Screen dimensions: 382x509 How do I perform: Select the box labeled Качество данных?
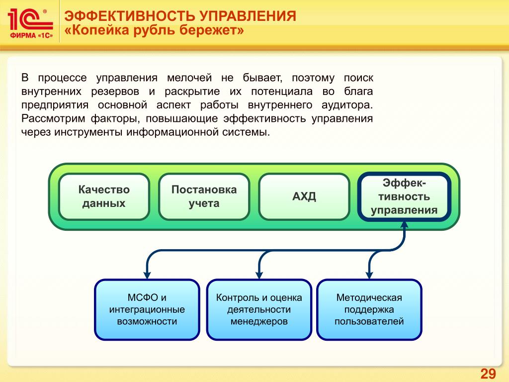pyautogui.click(x=104, y=196)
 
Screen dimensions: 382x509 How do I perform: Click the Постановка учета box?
pyautogui.click(x=204, y=196)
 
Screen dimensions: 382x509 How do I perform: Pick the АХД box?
pyautogui.click(x=304, y=196)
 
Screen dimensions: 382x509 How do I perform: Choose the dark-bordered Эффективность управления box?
pyautogui.click(x=404, y=196)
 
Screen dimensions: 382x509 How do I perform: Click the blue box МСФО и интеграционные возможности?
pyautogui.click(x=147, y=309)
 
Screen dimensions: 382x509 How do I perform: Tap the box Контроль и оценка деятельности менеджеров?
pyautogui.click(x=258, y=309)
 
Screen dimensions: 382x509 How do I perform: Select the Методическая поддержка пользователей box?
pyautogui.click(x=369, y=309)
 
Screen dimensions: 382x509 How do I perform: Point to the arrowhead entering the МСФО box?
pyautogui.click(x=147, y=273)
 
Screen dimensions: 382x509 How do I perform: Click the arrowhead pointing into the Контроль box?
pyautogui.click(x=258, y=273)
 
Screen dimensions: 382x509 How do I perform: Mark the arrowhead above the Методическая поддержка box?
pyautogui.click(x=369, y=273)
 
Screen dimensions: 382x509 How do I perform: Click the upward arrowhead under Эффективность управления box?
pyautogui.click(x=404, y=225)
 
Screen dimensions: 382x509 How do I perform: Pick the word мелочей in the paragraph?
pyautogui.click(x=189, y=78)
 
